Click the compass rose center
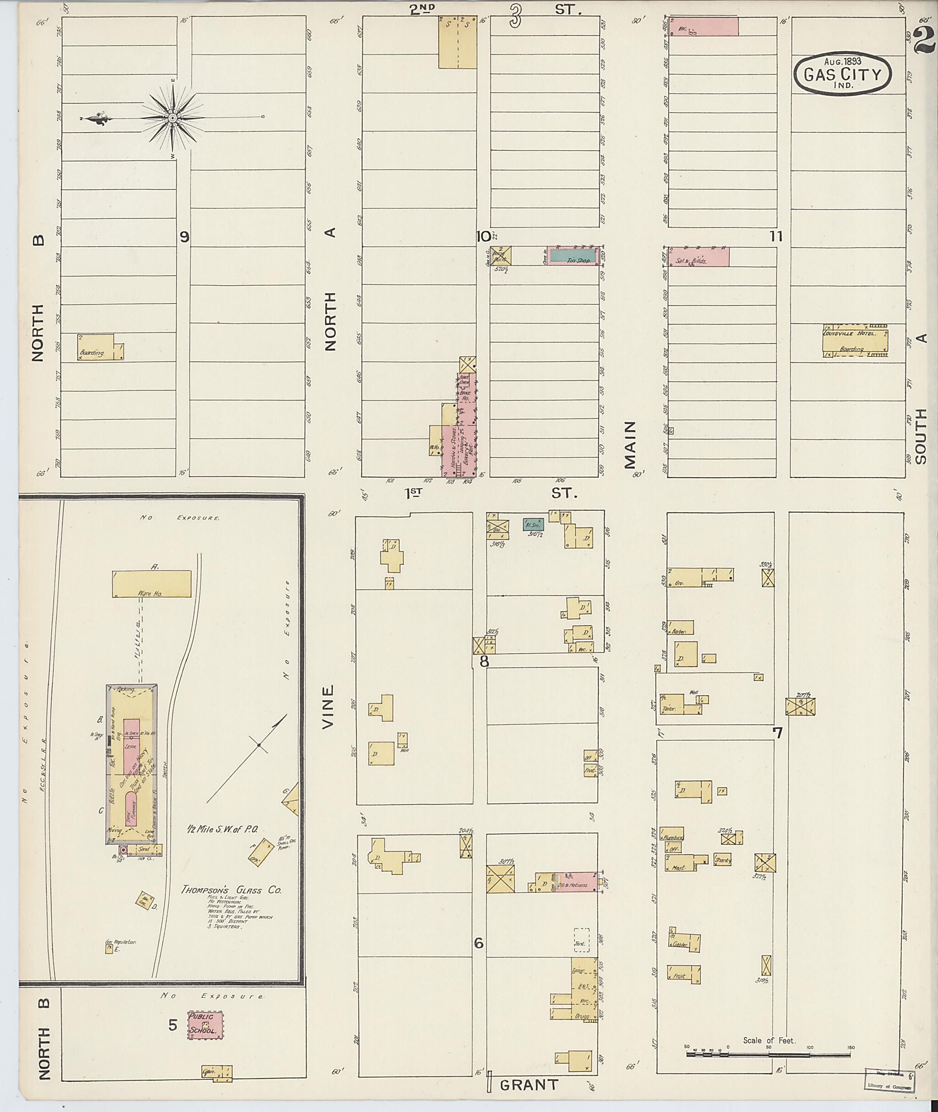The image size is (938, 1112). pyautogui.click(x=173, y=118)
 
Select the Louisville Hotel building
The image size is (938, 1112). pyautogui.click(x=855, y=341)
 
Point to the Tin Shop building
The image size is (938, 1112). pyautogui.click(x=572, y=256)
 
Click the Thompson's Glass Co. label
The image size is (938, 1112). pyautogui.click(x=231, y=890)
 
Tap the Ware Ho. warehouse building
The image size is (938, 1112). pyautogui.click(x=152, y=584)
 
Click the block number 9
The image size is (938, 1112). pyautogui.click(x=184, y=237)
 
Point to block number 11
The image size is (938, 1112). pyautogui.click(x=776, y=237)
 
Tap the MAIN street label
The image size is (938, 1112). pyautogui.click(x=631, y=445)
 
